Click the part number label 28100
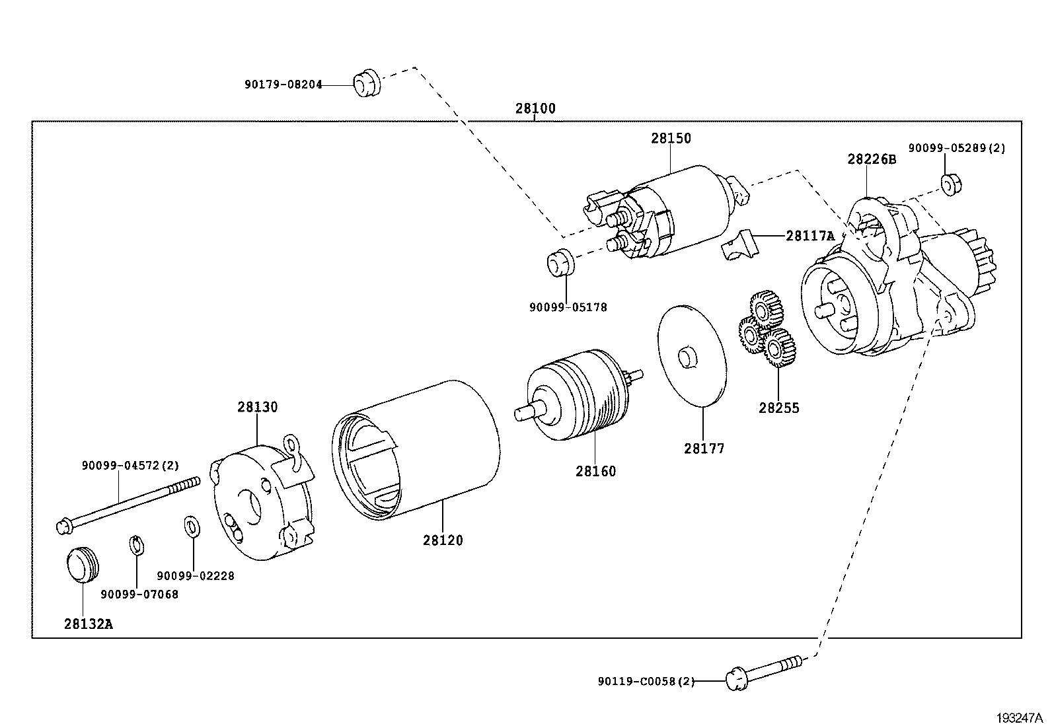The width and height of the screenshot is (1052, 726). click(535, 109)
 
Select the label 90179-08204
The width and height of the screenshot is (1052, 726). click(283, 85)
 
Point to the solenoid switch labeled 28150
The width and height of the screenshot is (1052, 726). click(674, 211)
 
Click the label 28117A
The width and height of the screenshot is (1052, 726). click(810, 236)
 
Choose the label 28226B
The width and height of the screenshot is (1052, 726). click(872, 159)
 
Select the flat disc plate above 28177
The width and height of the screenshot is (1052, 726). click(692, 355)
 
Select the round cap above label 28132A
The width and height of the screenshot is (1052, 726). click(83, 563)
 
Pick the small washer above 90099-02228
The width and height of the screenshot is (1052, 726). click(190, 526)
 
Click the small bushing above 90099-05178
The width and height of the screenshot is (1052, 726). click(561, 260)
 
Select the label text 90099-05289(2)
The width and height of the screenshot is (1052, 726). click(956, 148)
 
